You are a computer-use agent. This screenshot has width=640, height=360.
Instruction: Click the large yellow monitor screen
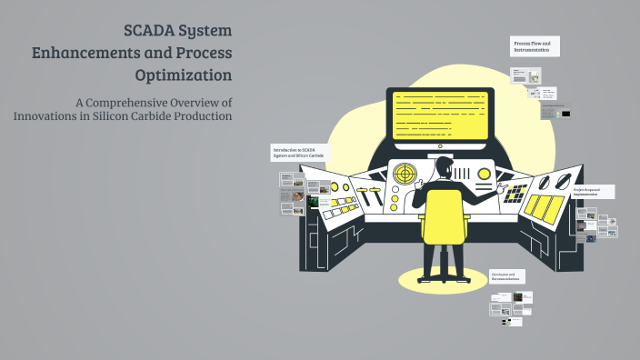(440, 115)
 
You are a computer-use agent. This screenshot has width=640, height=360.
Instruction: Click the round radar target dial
(405, 173)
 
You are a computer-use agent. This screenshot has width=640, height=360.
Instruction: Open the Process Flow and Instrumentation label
(535, 45)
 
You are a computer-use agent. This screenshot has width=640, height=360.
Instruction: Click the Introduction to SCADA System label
(299, 152)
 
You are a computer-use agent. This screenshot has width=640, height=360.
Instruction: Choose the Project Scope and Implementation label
(592, 192)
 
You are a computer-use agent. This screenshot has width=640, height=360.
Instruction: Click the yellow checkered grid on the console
(515, 193)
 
